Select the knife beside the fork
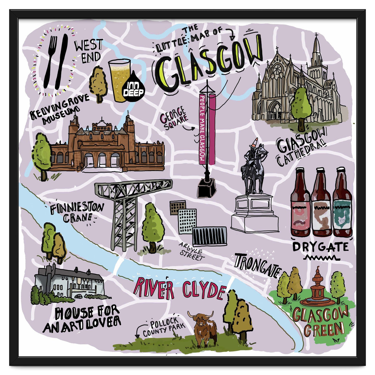(x=62, y=61)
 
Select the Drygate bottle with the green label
(x=342, y=203)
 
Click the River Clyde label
(x=179, y=289)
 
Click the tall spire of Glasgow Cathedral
(x=317, y=50)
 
